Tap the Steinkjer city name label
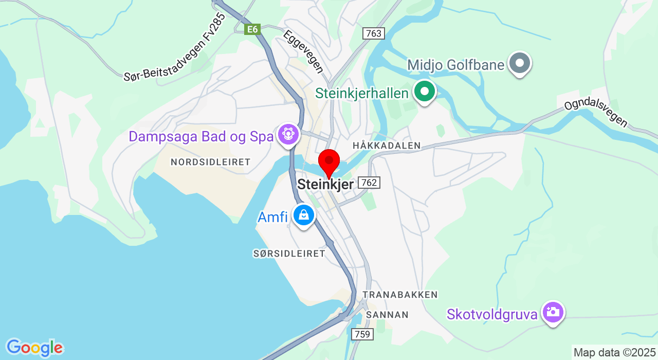pyautogui.click(x=326, y=184)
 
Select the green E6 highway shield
pyautogui.click(x=252, y=29)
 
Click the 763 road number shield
pyautogui.click(x=374, y=33)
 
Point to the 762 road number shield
pyautogui.click(x=370, y=183)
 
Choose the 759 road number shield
pyautogui.click(x=362, y=334)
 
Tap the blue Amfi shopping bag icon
pyautogui.click(x=304, y=215)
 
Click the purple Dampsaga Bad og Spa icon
pyautogui.click(x=288, y=135)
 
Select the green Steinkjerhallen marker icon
pyautogui.click(x=425, y=92)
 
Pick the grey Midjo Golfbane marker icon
pyautogui.click(x=520, y=63)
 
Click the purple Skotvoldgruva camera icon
pyautogui.click(x=553, y=312)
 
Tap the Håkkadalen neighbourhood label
pyautogui.click(x=387, y=146)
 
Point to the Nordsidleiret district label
pyautogui.click(x=210, y=162)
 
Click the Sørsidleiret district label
pyautogui.click(x=289, y=254)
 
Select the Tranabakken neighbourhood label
pyautogui.click(x=400, y=295)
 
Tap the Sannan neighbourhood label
pyautogui.click(x=387, y=315)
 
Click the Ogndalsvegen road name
pyautogui.click(x=596, y=113)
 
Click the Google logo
pyautogui.click(x=34, y=348)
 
